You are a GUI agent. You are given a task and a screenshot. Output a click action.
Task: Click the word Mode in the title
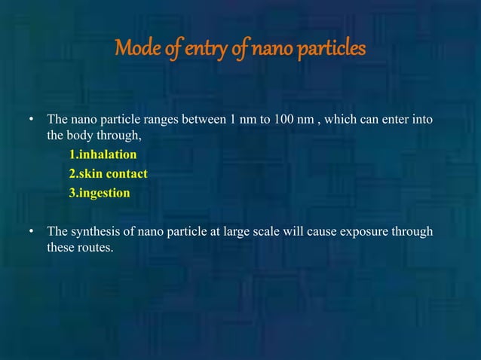click(136, 50)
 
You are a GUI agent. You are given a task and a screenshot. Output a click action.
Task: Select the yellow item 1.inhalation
click(103, 155)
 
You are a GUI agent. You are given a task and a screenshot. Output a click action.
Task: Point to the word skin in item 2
click(93, 174)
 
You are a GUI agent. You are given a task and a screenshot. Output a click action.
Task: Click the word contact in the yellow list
click(127, 174)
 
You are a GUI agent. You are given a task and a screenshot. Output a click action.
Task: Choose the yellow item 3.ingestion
click(100, 193)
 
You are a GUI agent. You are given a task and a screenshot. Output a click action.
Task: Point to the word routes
click(96, 249)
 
